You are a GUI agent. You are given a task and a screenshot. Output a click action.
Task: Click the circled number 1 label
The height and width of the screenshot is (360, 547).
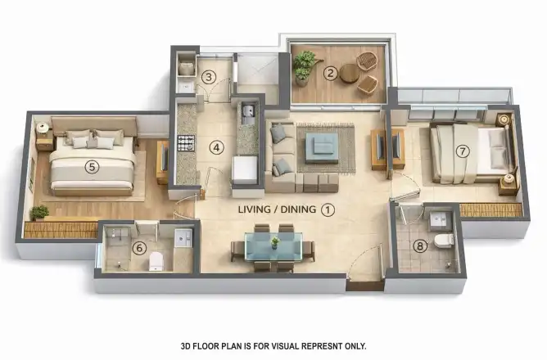[328, 209]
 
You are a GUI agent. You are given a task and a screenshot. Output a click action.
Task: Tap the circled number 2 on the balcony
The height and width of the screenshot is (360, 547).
[330, 73]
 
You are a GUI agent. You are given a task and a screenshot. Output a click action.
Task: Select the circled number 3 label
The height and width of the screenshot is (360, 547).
[209, 77]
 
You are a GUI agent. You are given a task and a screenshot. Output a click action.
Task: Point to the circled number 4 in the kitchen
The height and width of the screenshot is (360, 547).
[216, 148]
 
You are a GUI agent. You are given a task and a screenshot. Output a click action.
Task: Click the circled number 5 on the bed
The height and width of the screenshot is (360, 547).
[92, 167]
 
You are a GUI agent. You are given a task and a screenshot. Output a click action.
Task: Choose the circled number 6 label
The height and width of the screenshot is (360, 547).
[139, 248]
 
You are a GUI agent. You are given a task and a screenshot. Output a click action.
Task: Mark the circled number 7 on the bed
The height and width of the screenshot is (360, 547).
[463, 151]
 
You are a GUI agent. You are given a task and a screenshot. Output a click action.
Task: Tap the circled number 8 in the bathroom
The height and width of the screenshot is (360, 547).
[420, 246]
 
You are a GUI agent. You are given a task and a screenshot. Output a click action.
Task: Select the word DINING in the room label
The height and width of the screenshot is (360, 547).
[298, 209]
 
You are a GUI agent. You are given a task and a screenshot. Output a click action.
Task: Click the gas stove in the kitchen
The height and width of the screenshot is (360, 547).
[186, 143]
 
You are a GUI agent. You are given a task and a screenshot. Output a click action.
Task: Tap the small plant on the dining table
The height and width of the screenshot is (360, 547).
[275, 242]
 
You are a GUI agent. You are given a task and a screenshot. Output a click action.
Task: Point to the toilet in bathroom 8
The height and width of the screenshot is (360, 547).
[445, 241]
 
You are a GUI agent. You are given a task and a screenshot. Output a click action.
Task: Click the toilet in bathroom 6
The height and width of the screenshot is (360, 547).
[156, 261]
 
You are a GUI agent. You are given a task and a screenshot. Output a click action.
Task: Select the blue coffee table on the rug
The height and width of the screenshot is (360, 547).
[322, 147]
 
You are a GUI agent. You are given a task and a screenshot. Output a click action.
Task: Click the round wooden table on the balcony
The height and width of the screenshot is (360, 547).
[349, 74]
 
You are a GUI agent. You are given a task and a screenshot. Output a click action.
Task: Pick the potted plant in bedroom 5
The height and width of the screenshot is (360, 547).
[39, 213]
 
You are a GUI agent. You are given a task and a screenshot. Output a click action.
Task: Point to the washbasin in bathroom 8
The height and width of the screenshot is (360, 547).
[441, 219]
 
